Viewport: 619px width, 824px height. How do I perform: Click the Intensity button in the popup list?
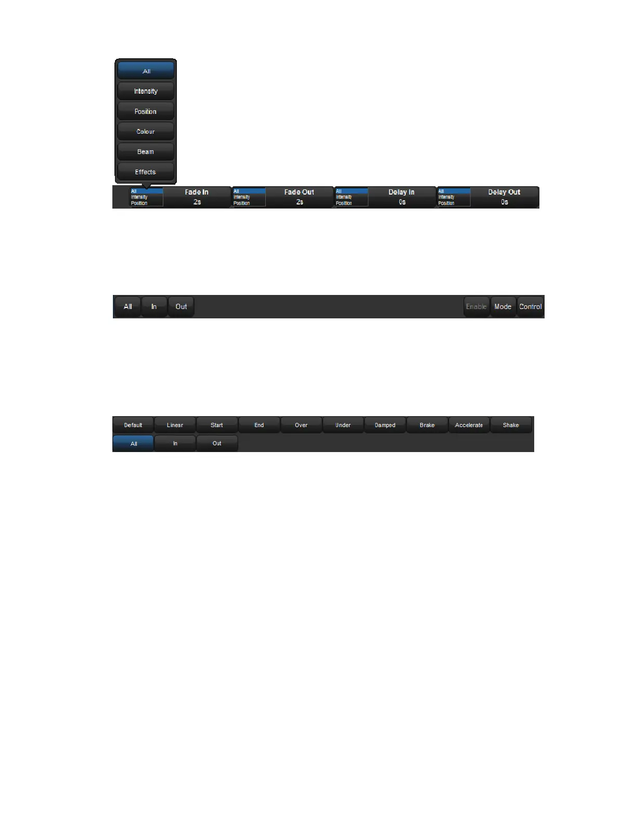pyautogui.click(x=146, y=91)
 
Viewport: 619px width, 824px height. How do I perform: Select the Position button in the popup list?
pyautogui.click(x=146, y=111)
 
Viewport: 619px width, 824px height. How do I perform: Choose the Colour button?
pyautogui.click(x=146, y=132)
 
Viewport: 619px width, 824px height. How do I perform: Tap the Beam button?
pyautogui.click(x=146, y=152)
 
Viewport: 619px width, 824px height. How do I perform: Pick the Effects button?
pyautogui.click(x=146, y=172)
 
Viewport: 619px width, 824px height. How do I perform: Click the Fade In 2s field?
pyautogui.click(x=197, y=197)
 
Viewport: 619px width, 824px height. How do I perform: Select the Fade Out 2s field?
pyautogui.click(x=299, y=197)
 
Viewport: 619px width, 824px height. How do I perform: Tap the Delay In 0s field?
pyautogui.click(x=402, y=197)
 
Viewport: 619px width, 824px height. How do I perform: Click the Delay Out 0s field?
pyautogui.click(x=504, y=197)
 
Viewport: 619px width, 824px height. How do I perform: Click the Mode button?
pyautogui.click(x=502, y=307)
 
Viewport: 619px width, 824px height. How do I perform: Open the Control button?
pyautogui.click(x=531, y=307)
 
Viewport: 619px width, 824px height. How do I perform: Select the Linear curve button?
pyautogui.click(x=175, y=425)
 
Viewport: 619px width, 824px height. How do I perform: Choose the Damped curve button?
pyautogui.click(x=385, y=425)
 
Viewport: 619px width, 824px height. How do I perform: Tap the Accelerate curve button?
pyautogui.click(x=469, y=425)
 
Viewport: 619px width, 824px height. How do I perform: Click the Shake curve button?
pyautogui.click(x=511, y=425)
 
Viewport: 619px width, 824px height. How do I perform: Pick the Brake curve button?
pyautogui.click(x=427, y=425)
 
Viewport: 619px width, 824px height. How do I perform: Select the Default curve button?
pyautogui.click(x=133, y=425)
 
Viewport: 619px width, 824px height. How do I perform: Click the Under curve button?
pyautogui.click(x=343, y=425)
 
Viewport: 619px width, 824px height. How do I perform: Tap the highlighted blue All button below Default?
pyautogui.click(x=133, y=444)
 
